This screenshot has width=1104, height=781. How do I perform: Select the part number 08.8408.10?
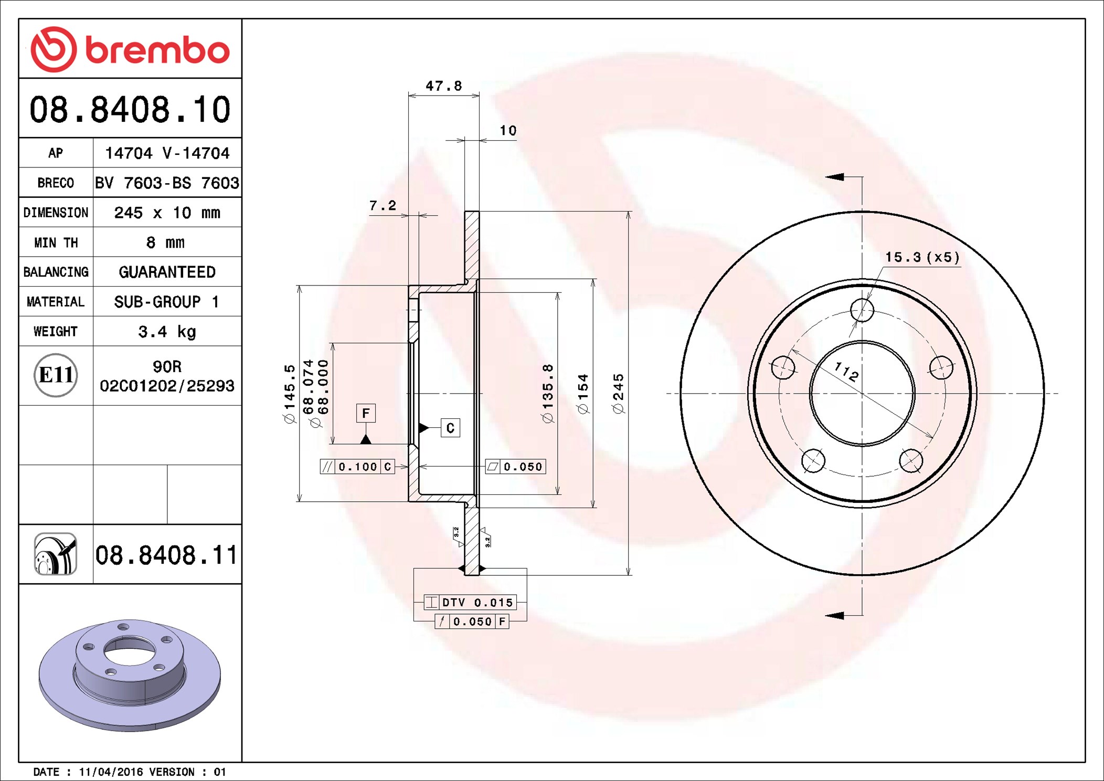coord(130,110)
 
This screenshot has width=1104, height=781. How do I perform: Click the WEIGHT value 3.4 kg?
coord(167,332)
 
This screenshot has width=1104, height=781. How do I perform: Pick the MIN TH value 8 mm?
coord(165,242)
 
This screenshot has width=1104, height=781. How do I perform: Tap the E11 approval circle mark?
coord(56,375)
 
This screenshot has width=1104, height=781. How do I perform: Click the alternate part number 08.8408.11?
coord(166,555)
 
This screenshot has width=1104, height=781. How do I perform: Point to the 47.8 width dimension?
coord(443,86)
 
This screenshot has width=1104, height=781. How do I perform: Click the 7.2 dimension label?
coord(383,206)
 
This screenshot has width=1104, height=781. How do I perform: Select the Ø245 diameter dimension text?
coord(619,393)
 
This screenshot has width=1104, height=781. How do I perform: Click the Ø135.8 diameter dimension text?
coord(548,393)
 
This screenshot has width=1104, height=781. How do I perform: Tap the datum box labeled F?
coord(366,413)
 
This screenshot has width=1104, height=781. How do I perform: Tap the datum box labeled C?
coord(450,428)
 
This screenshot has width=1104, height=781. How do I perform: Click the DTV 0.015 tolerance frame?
coord(470,603)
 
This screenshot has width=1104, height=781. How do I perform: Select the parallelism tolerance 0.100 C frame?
coord(357,467)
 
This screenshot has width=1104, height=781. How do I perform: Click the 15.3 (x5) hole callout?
coord(922,257)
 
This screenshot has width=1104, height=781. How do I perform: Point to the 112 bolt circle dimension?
coord(846,372)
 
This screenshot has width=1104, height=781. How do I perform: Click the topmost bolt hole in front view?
coord(862,310)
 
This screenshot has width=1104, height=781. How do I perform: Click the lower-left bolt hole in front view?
coord(813,461)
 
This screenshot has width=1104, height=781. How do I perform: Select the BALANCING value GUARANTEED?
coord(167,272)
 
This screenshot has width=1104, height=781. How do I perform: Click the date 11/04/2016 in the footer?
coord(111,772)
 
